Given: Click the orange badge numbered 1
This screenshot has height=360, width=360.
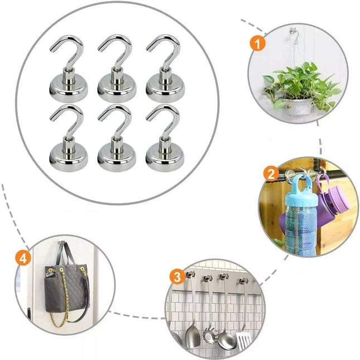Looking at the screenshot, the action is click(x=258, y=44).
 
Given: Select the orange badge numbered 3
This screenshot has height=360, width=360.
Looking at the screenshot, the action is click(x=177, y=277).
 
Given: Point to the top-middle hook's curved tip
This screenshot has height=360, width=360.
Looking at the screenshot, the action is click(x=100, y=48).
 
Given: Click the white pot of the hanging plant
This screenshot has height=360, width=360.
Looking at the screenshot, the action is click(x=299, y=107).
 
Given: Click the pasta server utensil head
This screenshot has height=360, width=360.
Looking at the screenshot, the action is click(x=209, y=336).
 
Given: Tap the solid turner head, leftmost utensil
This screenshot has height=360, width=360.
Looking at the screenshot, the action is click(x=193, y=337).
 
